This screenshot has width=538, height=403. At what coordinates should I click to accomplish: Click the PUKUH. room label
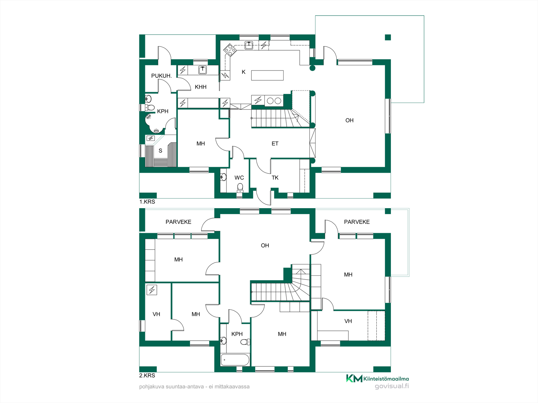click(161, 76)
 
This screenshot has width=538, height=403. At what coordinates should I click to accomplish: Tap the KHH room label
click(201, 87)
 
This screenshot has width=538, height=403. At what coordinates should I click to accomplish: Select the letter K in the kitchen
click(244, 72)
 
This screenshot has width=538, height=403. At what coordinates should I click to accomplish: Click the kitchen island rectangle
click(267, 75)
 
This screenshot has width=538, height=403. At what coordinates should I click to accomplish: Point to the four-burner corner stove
click(230, 50)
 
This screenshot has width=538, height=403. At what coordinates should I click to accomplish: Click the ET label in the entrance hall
click(275, 144)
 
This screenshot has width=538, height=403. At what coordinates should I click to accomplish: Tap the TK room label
click(275, 178)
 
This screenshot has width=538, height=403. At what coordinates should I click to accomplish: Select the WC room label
click(239, 178)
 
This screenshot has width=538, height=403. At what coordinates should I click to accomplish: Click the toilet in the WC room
click(240, 188)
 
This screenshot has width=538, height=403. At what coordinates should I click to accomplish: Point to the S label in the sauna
click(160, 151)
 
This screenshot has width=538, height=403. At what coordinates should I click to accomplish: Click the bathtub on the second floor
click(235, 360)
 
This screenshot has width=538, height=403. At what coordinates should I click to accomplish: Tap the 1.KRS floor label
click(147, 202)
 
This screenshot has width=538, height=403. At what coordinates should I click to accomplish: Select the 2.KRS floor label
click(147, 376)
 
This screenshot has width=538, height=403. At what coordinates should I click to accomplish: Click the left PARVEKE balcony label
click(178, 222)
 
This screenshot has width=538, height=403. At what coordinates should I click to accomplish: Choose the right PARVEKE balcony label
click(357, 222)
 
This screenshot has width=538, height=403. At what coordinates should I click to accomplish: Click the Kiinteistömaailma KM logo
click(377, 379)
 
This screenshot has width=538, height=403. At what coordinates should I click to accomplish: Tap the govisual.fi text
click(392, 386)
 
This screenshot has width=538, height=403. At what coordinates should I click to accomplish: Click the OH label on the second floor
click(265, 245)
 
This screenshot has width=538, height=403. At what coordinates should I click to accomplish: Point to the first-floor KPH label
click(163, 111)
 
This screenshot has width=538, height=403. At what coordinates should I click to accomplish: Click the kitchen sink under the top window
click(249, 45)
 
